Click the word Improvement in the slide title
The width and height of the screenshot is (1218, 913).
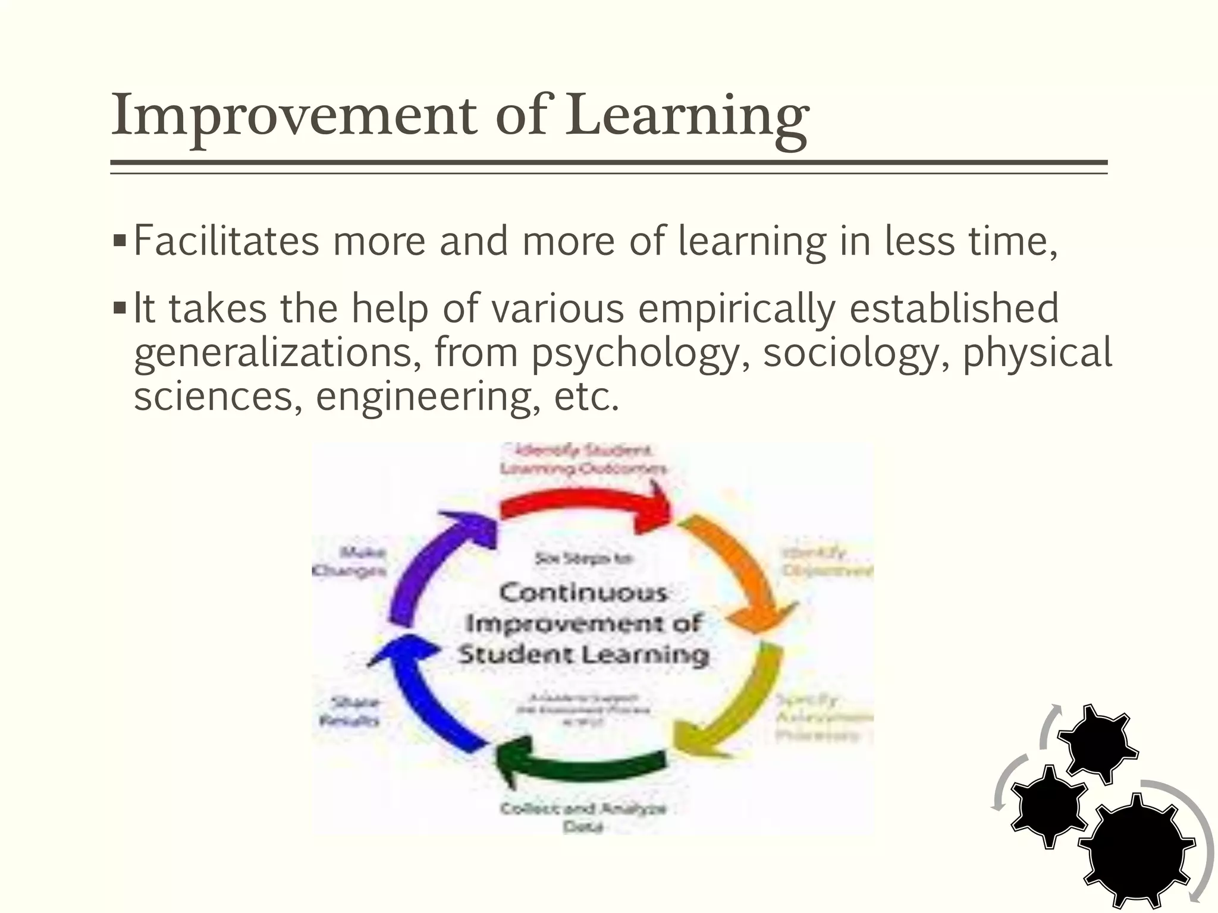point(294,116)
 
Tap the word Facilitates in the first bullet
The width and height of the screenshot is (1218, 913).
point(226,241)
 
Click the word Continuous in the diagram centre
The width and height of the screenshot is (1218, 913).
point(583,593)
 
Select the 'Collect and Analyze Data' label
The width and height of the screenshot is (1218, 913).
point(583,817)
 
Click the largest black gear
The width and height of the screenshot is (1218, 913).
point(1136,850)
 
